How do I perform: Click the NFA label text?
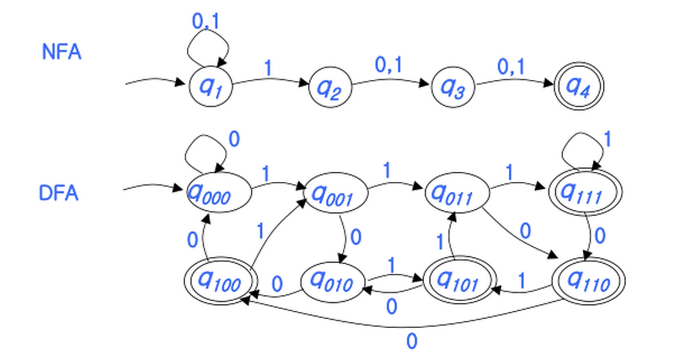62,53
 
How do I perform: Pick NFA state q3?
453,86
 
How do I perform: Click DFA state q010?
334,278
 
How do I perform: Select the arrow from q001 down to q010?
341,237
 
